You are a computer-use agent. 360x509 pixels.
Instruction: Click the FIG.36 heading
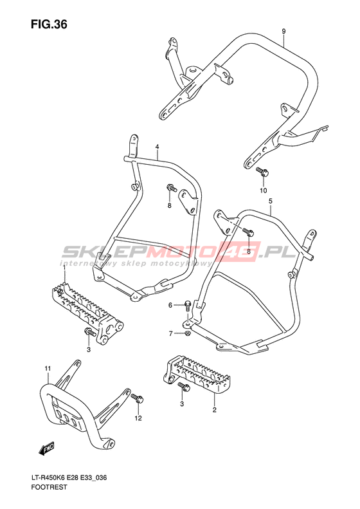[49, 24]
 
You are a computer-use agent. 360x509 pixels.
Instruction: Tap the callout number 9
[283, 32]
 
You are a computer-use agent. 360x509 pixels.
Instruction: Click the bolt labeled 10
[262, 172]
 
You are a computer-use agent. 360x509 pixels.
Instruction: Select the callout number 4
[157, 147]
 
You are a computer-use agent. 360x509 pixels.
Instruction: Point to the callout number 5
[271, 201]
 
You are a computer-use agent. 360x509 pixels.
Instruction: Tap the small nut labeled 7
[187, 333]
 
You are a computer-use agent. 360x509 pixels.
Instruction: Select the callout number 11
[48, 369]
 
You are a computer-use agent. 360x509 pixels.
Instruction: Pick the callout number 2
[214, 410]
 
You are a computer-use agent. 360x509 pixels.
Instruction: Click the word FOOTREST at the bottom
[50, 487]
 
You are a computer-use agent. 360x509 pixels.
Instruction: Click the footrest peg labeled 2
[197, 375]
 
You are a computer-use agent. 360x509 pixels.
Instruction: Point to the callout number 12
[138, 418]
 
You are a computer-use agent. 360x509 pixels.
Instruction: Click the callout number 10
[263, 190]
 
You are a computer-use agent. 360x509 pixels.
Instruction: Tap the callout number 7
[171, 334]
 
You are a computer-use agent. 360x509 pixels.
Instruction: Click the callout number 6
[170, 306]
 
